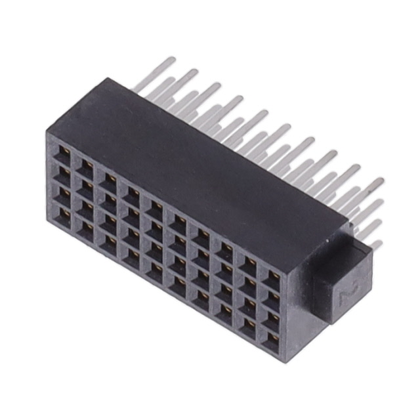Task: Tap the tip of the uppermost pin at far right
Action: (x=379, y=180)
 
